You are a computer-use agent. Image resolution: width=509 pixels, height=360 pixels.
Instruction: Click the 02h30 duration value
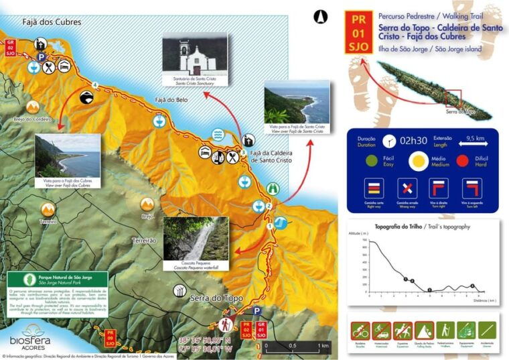click(x=414, y=141)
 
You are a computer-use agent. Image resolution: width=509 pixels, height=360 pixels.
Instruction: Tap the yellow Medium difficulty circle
click(x=419, y=162)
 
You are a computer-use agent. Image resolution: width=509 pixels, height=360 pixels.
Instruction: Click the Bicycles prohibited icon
click(x=360, y=330)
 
